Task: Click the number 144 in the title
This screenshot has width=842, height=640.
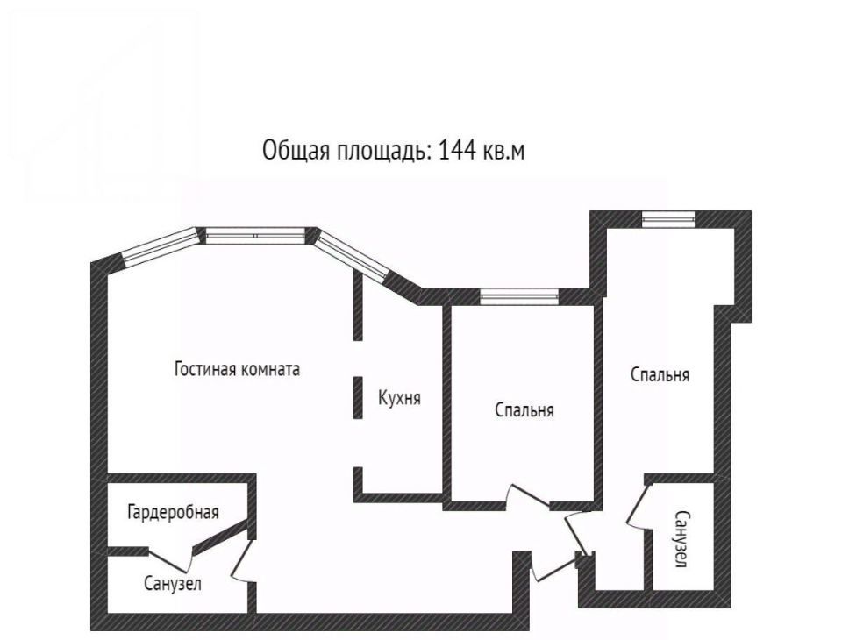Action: pyautogui.click(x=458, y=150)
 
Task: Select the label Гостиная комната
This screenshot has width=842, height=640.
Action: pyautogui.click(x=238, y=369)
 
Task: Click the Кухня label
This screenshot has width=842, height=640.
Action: pyautogui.click(x=400, y=398)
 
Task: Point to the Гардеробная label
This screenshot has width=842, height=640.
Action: pyautogui.click(x=173, y=512)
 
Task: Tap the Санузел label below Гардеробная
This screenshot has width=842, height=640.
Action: pyautogui.click(x=173, y=583)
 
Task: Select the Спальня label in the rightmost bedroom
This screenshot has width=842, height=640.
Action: pyautogui.click(x=660, y=374)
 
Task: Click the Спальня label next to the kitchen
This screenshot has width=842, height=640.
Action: pyautogui.click(x=524, y=410)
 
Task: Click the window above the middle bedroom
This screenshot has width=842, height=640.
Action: pyautogui.click(x=519, y=296)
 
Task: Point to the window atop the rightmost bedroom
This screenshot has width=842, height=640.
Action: pyautogui.click(x=668, y=219)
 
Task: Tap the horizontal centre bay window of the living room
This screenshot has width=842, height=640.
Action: pyautogui.click(x=255, y=236)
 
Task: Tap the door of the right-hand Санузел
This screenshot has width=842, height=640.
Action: pyautogui.click(x=639, y=506)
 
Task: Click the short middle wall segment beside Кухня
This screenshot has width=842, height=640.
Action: pyautogui.click(x=358, y=397)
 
